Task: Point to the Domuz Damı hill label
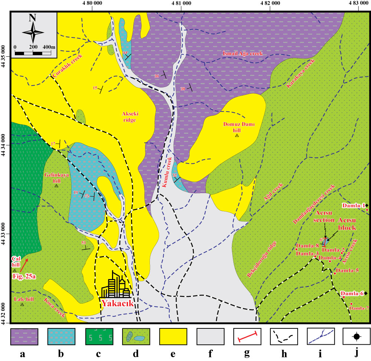[237, 127]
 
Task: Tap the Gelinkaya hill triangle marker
[56, 186]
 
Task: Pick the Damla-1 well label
[354, 205]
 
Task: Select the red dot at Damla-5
[335, 274]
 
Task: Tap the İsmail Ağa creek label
[243, 54]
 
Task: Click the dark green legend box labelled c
[99, 336]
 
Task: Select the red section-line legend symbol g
[247, 336]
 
